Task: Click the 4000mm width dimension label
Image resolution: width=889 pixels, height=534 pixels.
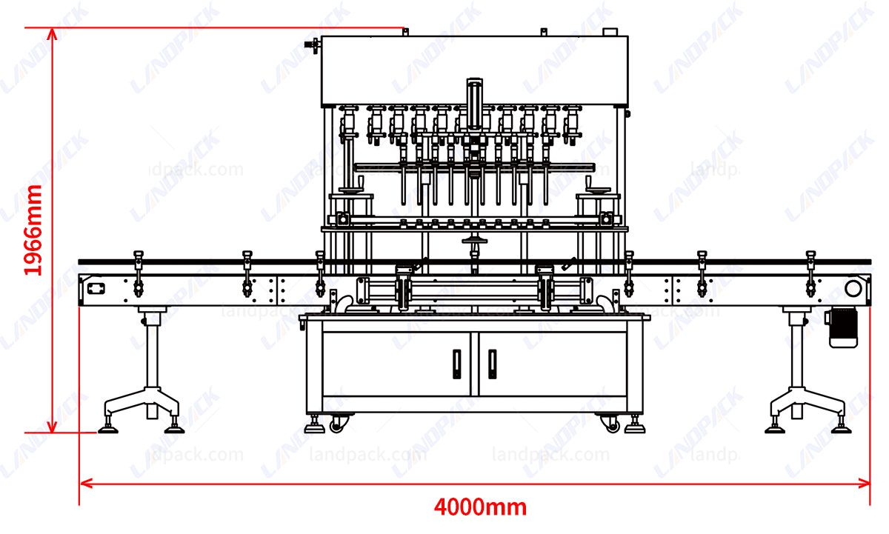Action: [480, 508]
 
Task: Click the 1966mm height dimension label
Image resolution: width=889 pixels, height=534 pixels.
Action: [33, 230]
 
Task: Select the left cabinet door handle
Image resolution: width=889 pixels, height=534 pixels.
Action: [456, 363]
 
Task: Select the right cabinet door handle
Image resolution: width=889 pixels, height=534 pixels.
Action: [492, 363]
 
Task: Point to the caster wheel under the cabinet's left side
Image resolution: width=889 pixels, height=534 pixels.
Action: [337, 424]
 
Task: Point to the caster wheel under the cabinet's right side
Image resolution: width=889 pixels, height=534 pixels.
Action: [612, 424]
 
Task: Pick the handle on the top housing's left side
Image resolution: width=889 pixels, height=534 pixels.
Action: [314, 46]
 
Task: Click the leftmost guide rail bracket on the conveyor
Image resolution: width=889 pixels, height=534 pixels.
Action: [138, 270]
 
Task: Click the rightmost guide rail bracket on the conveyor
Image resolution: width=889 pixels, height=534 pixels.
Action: [810, 270]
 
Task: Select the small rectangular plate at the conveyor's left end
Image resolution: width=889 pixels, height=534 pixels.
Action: [94, 288]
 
